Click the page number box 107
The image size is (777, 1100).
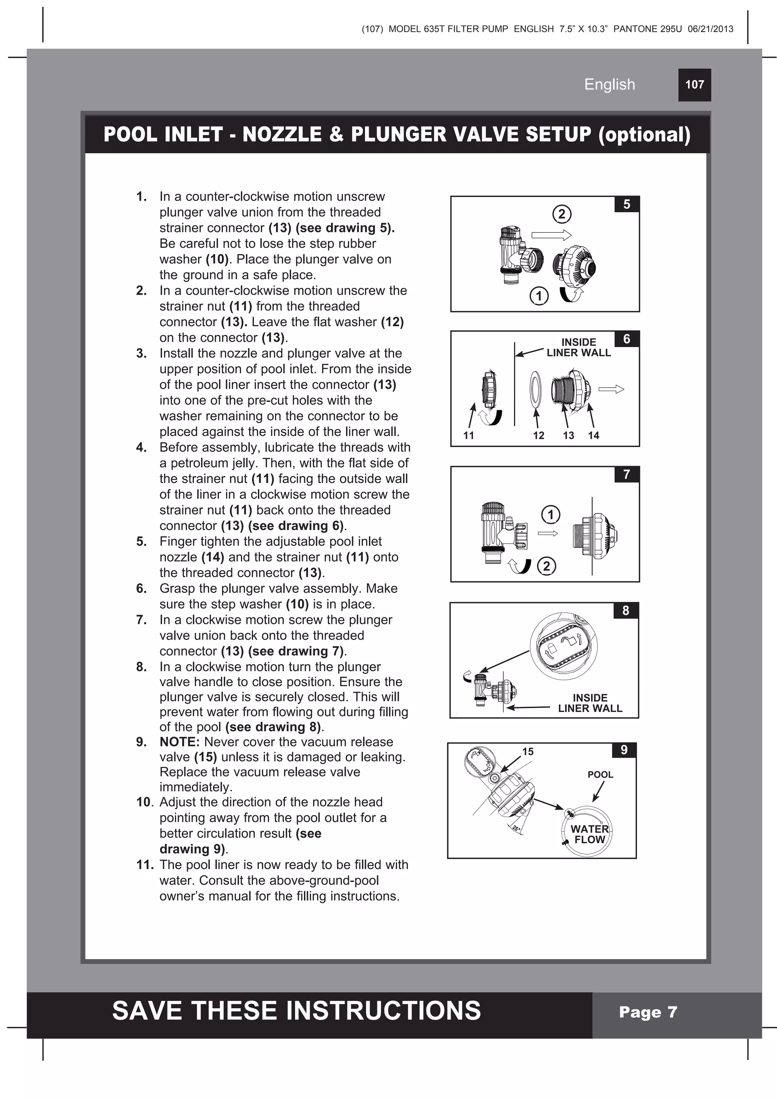pos(694,85)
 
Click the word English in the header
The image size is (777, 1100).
pos(609,84)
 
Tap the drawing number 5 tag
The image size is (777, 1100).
pos(626,205)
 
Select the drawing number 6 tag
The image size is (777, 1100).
pos(626,339)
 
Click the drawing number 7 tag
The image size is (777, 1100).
pos(626,474)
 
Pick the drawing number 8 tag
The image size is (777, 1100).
pos(625,610)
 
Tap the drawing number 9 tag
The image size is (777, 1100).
pos(623,750)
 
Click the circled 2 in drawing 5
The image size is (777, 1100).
pos(562,214)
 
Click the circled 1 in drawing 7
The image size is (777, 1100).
pos(551,514)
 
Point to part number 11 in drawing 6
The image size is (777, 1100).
pos(469,436)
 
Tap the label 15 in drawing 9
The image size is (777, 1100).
pos(528,751)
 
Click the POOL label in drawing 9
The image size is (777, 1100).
pos(600,775)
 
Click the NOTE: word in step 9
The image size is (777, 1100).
pos(179,742)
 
